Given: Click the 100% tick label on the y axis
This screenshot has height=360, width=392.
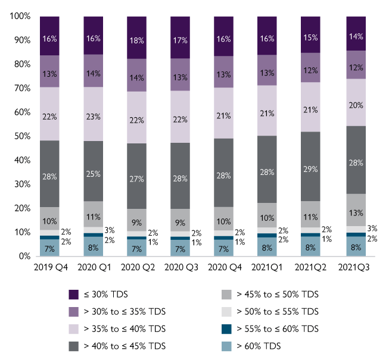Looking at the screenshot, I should pos(20,17).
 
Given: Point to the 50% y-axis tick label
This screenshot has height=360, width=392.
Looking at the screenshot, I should pos(21,136).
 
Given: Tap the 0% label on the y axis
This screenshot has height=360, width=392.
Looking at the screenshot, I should pos(24,256).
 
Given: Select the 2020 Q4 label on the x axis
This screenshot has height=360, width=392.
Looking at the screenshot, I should pos(224,268).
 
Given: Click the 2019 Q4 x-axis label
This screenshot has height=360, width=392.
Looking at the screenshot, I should pos(50,268).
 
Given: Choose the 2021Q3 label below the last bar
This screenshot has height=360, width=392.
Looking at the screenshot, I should pos(354,268).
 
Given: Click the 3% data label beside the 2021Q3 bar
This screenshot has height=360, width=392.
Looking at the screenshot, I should pos(372,228).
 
